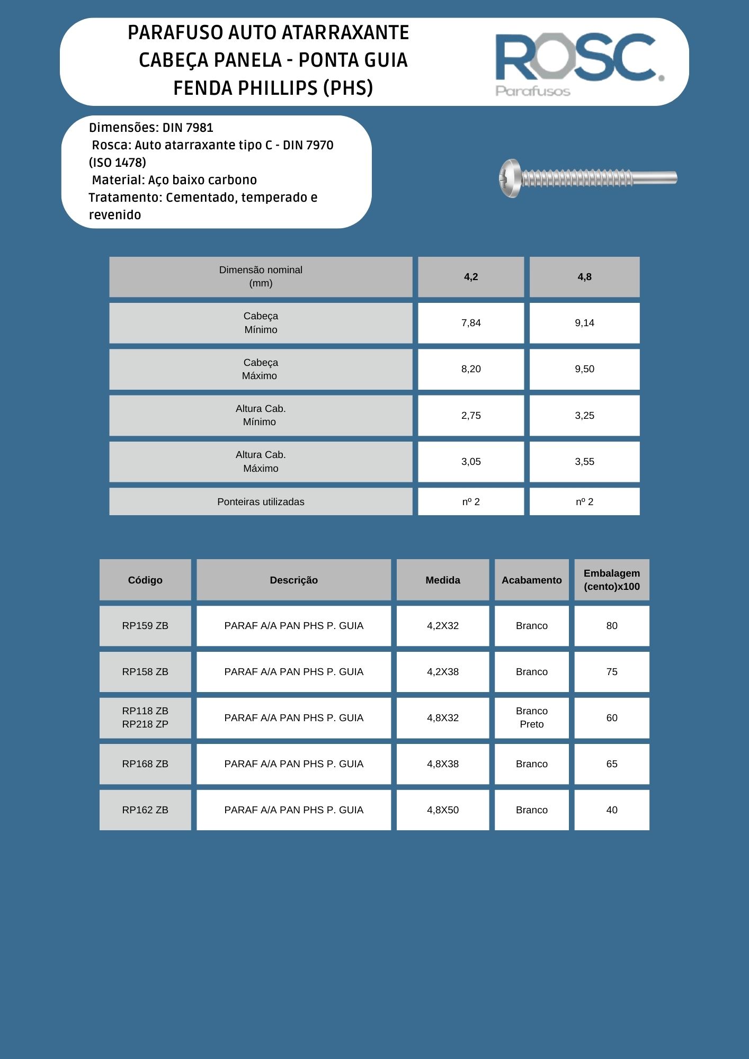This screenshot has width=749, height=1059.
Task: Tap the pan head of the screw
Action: coord(510,178)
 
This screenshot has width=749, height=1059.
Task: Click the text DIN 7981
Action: coord(188,128)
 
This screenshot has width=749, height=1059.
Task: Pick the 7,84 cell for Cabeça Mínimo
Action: coord(471,323)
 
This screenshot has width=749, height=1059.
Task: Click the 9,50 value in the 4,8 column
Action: coord(584,369)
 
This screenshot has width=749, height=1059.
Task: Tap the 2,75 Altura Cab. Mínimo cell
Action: coord(471,416)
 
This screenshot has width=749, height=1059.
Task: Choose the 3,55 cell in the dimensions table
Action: coord(584,462)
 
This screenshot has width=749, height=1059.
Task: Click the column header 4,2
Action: coord(471,277)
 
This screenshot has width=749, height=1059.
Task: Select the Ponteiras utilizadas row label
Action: coord(261,501)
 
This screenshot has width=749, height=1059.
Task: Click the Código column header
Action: coord(145,580)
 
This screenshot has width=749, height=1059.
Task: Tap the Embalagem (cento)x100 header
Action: coord(611,580)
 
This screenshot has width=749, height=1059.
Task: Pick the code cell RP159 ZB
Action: coord(145,626)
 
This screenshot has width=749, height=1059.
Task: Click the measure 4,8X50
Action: coord(443,810)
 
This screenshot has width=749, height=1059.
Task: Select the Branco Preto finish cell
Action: coord(531,717)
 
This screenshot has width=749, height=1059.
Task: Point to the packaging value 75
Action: coord(611,672)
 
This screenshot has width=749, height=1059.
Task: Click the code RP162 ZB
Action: coord(145,810)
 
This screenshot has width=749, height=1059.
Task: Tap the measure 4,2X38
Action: coord(443,672)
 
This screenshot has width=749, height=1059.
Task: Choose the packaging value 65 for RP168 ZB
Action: coord(611,764)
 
